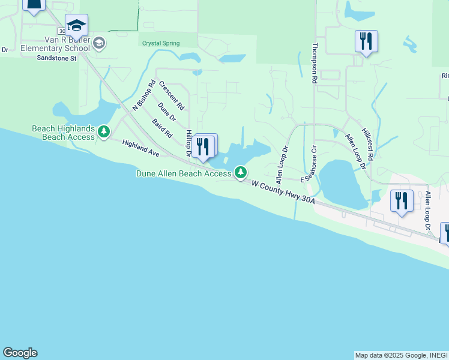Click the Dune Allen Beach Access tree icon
click(x=241, y=173)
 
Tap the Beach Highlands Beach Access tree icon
click(x=104, y=131)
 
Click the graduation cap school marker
click(x=76, y=26)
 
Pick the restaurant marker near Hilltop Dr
click(x=203, y=147)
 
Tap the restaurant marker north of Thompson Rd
click(x=366, y=41)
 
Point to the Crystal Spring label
click(x=160, y=43)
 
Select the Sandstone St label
click(x=56, y=59)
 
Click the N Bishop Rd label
click(x=144, y=95)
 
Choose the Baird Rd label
click(x=162, y=128)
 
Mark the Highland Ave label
click(x=140, y=148)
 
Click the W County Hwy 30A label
click(x=283, y=193)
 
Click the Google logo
click(x=20, y=353)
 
